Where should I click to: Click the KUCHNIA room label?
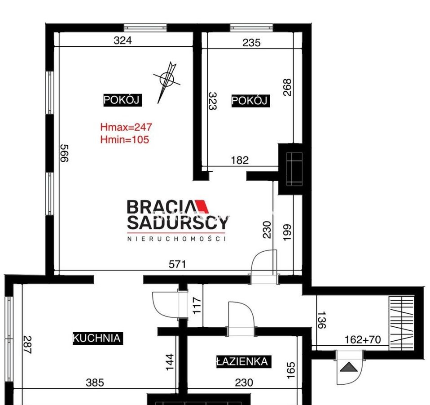[x=97, y=338]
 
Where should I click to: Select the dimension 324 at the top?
[x=123, y=40]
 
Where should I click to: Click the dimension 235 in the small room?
[x=251, y=43]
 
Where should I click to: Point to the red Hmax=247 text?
[x=126, y=127]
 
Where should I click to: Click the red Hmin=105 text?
[x=124, y=139]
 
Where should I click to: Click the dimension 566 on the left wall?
[x=64, y=153]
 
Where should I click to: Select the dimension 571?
[x=177, y=264]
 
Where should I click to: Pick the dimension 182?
[x=240, y=160]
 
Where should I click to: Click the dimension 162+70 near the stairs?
[x=363, y=340]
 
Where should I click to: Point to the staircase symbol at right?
[x=401, y=323]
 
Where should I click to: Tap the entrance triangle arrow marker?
[x=349, y=367]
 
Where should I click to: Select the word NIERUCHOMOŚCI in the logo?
[x=177, y=239]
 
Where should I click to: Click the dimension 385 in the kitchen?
[x=95, y=383]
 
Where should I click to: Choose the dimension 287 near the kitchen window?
[x=27, y=345]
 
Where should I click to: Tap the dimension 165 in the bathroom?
[x=291, y=370]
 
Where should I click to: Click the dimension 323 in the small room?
[x=213, y=101]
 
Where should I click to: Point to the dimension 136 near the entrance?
[x=321, y=320]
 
